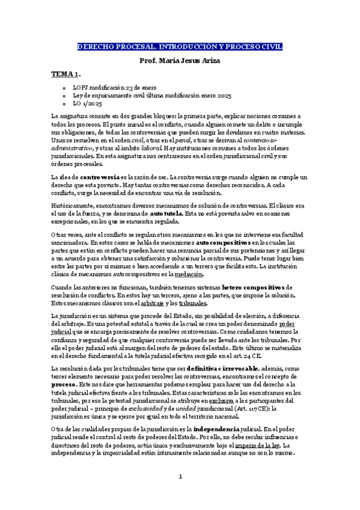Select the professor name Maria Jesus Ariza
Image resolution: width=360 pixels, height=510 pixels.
180,61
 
